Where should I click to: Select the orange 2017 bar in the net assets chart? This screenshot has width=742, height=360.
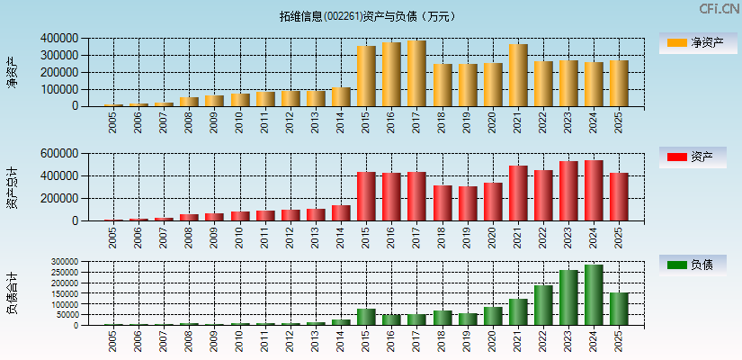[416, 74]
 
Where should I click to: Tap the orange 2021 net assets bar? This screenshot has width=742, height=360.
[517, 76]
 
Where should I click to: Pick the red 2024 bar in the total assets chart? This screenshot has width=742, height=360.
[593, 191]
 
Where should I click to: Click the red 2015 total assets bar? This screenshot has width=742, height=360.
[366, 196]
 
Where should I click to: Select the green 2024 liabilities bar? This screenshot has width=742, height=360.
[593, 295]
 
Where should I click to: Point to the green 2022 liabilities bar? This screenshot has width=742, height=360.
[542, 305]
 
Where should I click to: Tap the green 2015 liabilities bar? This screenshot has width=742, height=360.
[366, 317]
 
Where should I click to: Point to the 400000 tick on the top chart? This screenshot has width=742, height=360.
[58, 39]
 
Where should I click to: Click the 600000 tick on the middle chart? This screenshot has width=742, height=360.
[58, 154]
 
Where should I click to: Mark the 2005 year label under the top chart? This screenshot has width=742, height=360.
[113, 122]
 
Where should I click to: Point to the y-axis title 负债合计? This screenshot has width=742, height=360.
[12, 292]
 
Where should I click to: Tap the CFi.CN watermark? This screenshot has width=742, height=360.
[720, 9]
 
